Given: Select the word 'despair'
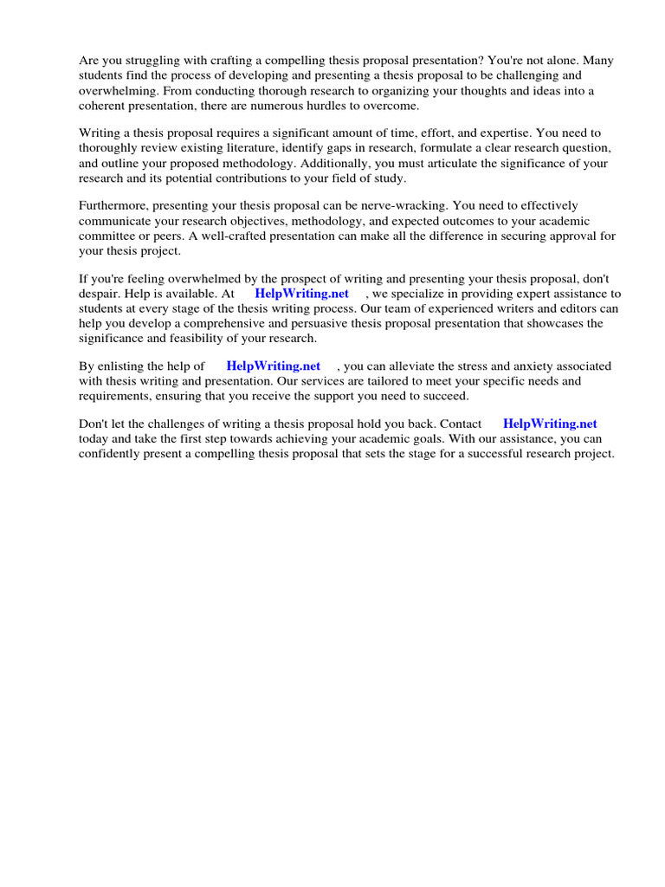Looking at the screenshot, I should [x=100, y=294].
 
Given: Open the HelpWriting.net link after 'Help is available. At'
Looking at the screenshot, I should [x=301, y=294].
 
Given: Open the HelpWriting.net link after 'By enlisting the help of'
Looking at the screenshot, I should [x=273, y=366].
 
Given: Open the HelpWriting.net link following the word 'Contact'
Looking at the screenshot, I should [x=550, y=424].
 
